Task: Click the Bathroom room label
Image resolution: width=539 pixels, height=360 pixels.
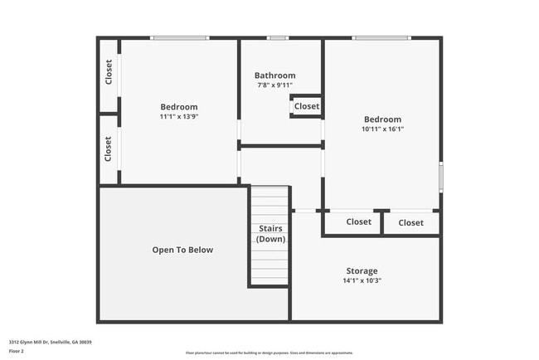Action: tap(274, 75)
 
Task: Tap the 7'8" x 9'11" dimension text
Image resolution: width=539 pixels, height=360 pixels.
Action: tap(274, 85)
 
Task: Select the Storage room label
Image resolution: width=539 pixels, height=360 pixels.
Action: tap(362, 271)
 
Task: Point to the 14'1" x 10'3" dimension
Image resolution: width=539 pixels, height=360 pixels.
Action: tap(362, 280)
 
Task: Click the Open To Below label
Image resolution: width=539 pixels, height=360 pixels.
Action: tap(182, 250)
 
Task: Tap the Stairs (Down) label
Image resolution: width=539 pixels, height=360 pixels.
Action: tap(270, 234)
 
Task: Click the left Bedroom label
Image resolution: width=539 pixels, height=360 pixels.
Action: tap(179, 107)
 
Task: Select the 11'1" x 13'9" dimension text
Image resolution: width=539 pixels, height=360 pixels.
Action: tap(179, 116)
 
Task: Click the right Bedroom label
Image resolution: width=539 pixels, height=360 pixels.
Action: tap(382, 119)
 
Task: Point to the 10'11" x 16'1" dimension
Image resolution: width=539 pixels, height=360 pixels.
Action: tap(382, 129)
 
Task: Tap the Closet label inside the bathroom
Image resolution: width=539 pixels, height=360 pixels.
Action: tap(306, 106)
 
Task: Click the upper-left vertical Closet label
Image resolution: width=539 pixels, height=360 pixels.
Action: tap(109, 73)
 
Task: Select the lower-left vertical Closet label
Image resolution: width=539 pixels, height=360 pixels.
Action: tap(109, 149)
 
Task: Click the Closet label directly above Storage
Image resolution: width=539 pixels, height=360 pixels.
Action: tap(358, 222)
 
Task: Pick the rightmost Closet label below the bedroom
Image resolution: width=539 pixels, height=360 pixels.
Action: tap(410, 222)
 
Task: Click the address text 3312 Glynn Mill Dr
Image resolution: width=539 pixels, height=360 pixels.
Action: tap(50, 342)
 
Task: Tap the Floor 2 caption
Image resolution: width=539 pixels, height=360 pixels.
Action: tap(17, 351)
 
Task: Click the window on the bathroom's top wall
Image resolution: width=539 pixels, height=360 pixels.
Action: tap(278, 37)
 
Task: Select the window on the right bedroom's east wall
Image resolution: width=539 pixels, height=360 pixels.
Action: tap(440, 177)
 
